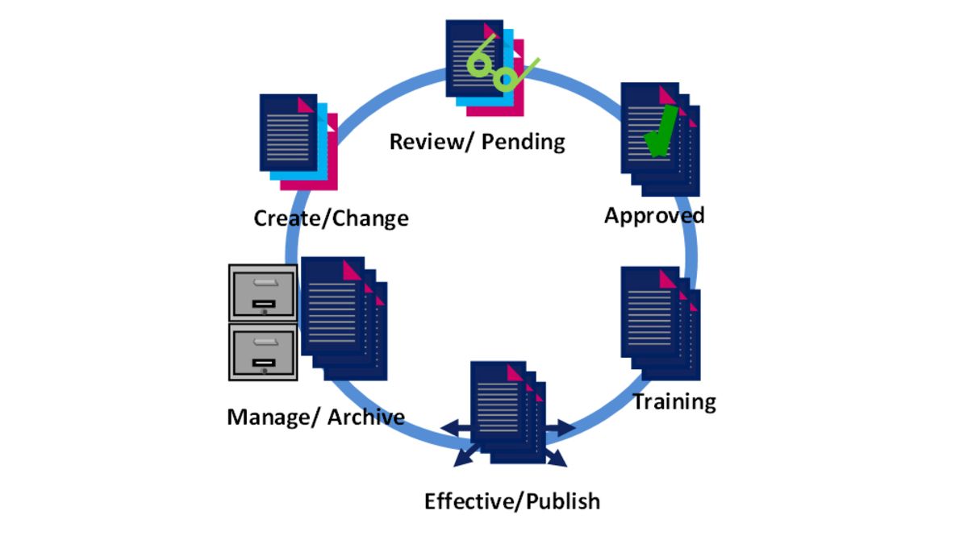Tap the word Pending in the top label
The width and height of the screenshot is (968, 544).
pos(524,143)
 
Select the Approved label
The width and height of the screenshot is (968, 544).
pos(654,215)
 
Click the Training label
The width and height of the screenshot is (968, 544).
pos(674,401)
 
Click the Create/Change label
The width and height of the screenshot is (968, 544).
pos(331,218)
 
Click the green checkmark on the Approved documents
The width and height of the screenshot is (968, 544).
pos(661,133)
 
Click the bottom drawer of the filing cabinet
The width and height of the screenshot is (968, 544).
pos(262,353)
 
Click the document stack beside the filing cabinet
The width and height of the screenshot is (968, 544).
pos(343,318)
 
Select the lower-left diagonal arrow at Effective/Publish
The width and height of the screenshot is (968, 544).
pos(465,458)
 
